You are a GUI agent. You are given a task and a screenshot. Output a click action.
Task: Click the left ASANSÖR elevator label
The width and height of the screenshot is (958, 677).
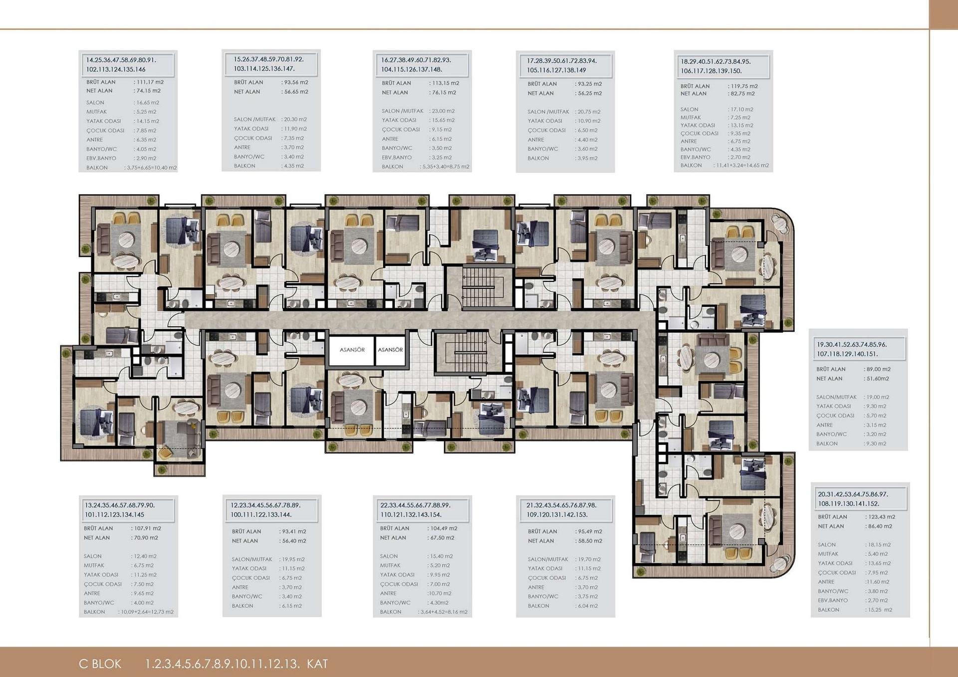[x=352, y=350]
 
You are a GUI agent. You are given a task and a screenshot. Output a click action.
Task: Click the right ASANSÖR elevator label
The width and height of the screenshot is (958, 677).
[x=390, y=350]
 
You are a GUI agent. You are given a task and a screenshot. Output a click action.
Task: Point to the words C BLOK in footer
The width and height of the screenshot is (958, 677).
[x=100, y=664]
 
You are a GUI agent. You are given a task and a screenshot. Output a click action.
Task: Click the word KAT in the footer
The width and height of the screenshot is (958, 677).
[x=317, y=664]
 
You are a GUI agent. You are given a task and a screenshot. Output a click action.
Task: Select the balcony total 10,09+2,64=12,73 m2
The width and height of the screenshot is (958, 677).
[x=147, y=612]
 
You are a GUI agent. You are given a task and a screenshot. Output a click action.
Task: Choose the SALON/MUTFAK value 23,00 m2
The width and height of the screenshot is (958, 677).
[x=442, y=111]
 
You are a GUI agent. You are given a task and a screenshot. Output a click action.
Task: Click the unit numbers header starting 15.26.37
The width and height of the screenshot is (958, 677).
[x=269, y=64]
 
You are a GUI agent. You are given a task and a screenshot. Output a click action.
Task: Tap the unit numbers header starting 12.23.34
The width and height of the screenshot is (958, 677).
[x=265, y=510]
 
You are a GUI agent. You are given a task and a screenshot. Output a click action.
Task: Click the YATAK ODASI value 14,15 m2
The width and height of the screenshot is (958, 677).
[x=147, y=121]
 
